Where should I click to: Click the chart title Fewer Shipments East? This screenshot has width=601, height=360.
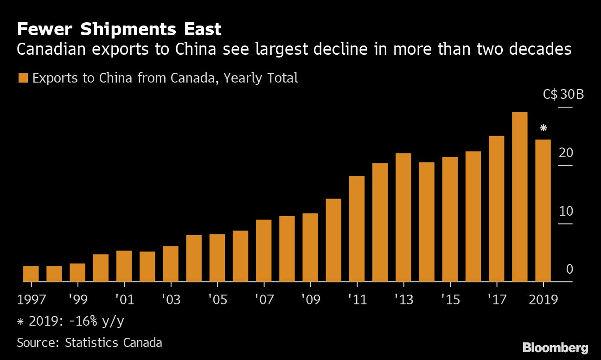119,30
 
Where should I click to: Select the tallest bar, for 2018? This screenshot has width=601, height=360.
519,197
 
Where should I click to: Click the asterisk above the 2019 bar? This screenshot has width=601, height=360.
543,129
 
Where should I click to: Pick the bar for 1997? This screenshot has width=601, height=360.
31,274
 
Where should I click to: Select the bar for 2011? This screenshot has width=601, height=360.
357,229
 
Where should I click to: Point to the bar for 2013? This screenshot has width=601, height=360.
403,217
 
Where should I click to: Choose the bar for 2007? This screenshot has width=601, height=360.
263,251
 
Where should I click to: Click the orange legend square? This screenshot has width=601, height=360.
22,78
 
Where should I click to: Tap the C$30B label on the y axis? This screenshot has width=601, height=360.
563,95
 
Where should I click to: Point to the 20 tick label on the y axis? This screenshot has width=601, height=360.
566,153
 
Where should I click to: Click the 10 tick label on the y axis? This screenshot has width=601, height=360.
566,211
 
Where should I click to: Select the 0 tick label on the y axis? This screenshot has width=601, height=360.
569,269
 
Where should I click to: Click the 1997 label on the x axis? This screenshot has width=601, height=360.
31,300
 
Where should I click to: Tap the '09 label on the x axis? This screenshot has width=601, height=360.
310,300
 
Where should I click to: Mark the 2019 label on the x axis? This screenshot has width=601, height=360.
543,300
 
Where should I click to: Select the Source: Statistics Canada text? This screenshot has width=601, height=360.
90,343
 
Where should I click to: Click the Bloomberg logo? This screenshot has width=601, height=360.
555,347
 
